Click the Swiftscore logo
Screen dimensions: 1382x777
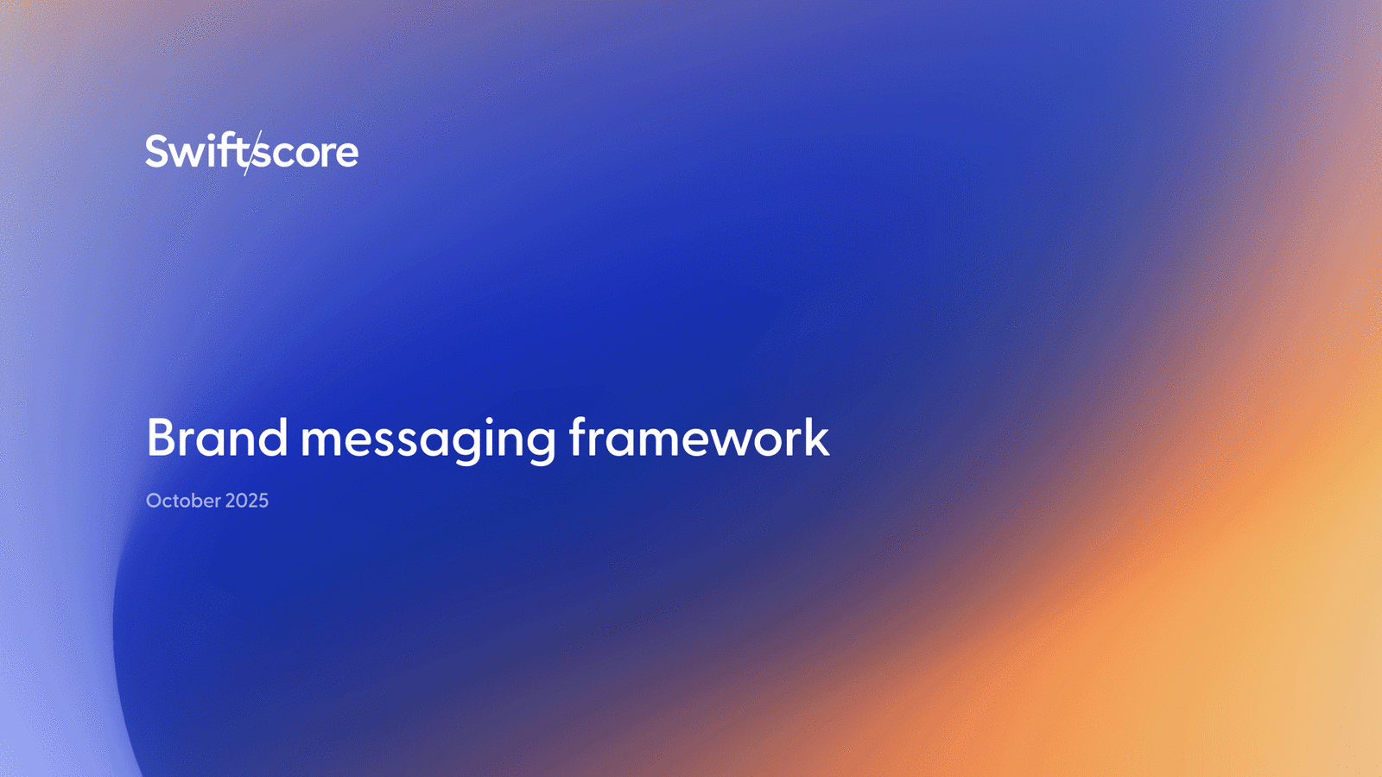coord(251,152)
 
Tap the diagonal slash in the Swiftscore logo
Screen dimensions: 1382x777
coord(253,153)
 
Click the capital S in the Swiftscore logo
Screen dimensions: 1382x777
coord(156,151)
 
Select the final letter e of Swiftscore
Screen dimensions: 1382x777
coord(345,155)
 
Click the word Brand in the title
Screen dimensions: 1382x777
coord(217,437)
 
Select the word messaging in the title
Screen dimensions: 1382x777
coord(428,440)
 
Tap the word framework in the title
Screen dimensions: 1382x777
coord(699,437)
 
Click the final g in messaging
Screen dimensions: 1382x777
coord(541,445)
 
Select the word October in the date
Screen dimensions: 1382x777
coord(183,500)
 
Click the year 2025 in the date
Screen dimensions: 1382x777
coord(247,501)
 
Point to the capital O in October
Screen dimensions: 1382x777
coord(154,501)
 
